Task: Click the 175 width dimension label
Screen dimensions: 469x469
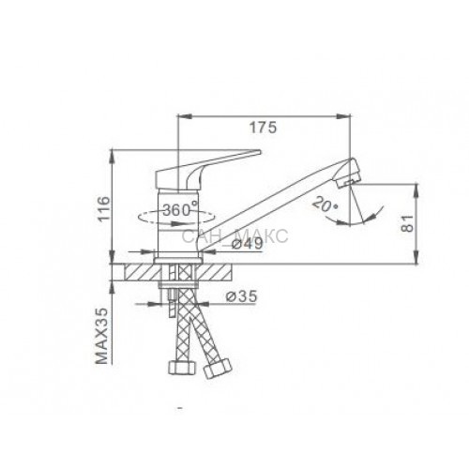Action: click(263, 128)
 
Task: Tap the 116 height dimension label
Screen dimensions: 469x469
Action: click(104, 208)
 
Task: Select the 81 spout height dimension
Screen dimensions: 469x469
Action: click(407, 223)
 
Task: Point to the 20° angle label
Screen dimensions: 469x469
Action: click(325, 204)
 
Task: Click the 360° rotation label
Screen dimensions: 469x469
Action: click(180, 209)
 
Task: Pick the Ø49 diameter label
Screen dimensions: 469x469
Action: click(248, 244)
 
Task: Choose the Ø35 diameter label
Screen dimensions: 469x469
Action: click(242, 295)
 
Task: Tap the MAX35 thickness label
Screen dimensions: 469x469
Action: click(101, 336)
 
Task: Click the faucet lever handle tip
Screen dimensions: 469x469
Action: click(258, 152)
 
